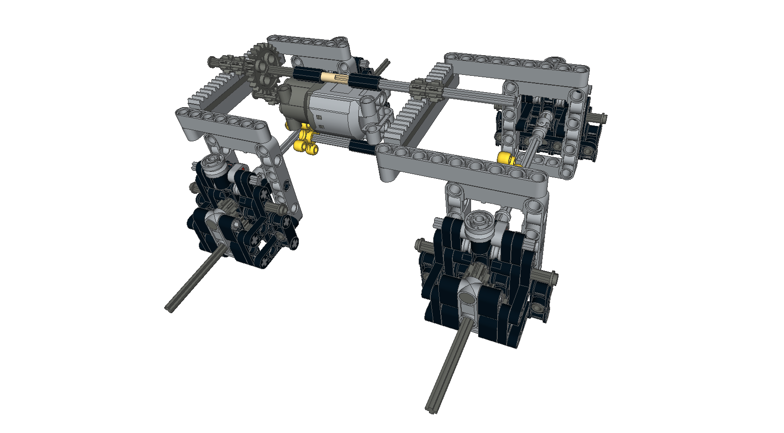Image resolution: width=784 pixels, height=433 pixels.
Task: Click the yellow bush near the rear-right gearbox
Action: click(x=506, y=158)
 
